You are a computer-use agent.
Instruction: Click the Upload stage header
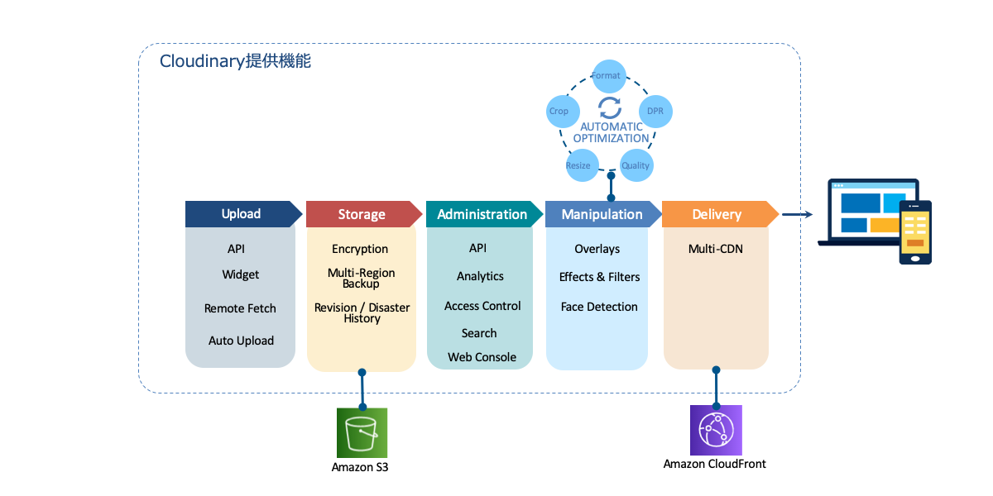[x=241, y=214]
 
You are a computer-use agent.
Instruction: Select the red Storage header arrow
[x=362, y=214]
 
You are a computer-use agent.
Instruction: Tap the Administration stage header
[x=482, y=214]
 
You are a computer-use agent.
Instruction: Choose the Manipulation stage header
[x=602, y=214]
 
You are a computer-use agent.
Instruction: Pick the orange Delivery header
[x=717, y=214]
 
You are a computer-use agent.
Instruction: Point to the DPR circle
[x=655, y=111]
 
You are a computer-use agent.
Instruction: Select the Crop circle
[x=559, y=111]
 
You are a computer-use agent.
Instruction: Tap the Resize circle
[x=578, y=165]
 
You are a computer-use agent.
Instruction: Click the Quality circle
[x=636, y=165]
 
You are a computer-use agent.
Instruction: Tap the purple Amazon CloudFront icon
[x=716, y=430]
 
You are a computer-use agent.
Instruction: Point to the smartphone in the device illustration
[x=915, y=232]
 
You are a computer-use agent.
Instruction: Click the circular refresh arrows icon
[x=609, y=107]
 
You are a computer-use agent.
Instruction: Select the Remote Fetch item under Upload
[x=240, y=308]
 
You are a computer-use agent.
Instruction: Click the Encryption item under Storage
[x=360, y=249]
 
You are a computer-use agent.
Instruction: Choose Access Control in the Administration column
[x=482, y=306]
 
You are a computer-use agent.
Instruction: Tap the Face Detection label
[x=599, y=307]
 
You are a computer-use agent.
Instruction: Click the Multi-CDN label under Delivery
[x=716, y=249]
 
